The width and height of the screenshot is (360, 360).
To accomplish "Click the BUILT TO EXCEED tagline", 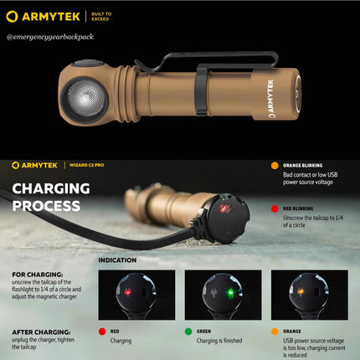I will [x=100, y=16].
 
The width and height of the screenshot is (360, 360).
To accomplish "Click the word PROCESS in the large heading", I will [x=47, y=205].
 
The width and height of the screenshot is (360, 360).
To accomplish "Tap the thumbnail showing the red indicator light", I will [x=136, y=295].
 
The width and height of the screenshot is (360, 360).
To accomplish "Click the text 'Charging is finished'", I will [x=220, y=341].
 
